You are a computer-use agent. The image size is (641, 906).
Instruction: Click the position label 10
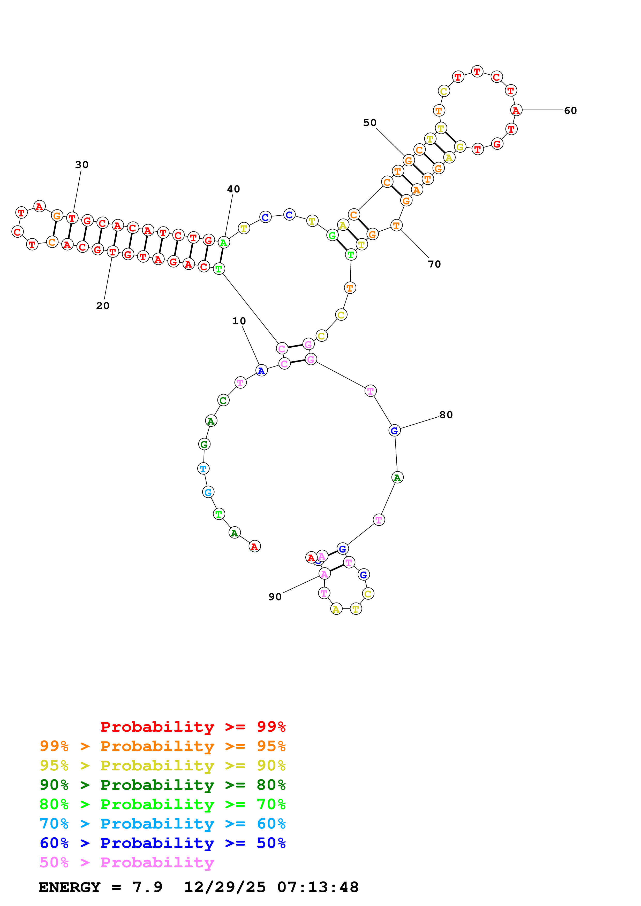pos(239,321)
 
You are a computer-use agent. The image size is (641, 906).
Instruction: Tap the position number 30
pos(82,165)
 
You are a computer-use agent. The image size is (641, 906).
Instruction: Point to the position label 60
pos(570,111)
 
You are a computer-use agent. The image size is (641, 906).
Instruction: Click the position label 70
pos(434,264)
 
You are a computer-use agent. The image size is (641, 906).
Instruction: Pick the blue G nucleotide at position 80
pos(394,431)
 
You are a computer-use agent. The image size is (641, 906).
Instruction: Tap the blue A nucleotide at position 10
pos(261,371)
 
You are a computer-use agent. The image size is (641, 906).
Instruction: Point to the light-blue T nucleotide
pos(203,468)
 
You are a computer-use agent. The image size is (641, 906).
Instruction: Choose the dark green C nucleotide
pos(223,400)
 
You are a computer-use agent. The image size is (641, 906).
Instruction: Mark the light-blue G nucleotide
pos(208,492)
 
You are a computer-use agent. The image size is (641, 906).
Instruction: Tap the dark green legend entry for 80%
pos(162,785)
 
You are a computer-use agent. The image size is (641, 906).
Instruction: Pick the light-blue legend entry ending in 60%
pos(162,824)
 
